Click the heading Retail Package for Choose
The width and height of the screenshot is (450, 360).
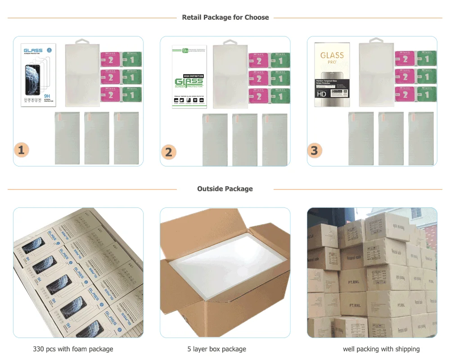[x=225, y=18]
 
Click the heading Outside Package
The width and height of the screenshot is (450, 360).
[x=225, y=189]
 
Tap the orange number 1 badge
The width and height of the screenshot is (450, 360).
[x=21, y=150]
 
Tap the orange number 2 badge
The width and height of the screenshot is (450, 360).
[x=169, y=152]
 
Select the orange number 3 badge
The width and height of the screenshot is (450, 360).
[x=315, y=150]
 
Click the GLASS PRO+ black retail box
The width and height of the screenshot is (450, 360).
[x=332, y=75]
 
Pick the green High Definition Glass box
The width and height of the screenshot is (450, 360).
[x=189, y=76]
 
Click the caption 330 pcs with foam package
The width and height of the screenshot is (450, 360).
[x=73, y=349]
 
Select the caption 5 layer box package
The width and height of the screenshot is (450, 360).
[x=217, y=349]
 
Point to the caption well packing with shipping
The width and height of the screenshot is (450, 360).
[x=381, y=349]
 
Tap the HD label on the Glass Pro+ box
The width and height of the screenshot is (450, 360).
[x=321, y=94]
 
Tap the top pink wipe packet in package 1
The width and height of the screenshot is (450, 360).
[x=110, y=60]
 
